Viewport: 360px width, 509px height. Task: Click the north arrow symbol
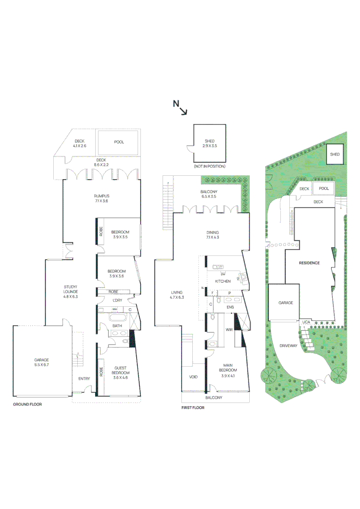pyautogui.click(x=180, y=107)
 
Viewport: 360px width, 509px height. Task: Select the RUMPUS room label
pyautogui.click(x=101, y=198)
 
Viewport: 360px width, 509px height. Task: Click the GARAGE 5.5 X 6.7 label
pyautogui.click(x=41, y=362)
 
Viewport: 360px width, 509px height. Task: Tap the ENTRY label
pyautogui.click(x=84, y=378)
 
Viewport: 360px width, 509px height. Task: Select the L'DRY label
pyautogui.click(x=117, y=300)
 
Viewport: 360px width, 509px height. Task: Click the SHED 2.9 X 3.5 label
pyautogui.click(x=210, y=144)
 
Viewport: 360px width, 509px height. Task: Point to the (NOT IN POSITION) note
pyautogui.click(x=209, y=166)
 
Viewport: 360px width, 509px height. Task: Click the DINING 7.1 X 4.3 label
pyautogui.click(x=213, y=235)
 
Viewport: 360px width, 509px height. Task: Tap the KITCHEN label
pyautogui.click(x=222, y=281)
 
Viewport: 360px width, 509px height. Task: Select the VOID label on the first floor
pyautogui.click(x=193, y=377)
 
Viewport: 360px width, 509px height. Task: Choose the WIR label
pyautogui.click(x=229, y=329)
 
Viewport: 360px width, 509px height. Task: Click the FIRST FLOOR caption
pyautogui.click(x=193, y=408)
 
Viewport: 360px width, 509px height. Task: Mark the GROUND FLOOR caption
pyautogui.click(x=27, y=404)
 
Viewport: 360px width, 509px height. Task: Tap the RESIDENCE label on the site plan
pyautogui.click(x=309, y=263)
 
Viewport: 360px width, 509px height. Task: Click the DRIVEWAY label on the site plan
pyautogui.click(x=288, y=345)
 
